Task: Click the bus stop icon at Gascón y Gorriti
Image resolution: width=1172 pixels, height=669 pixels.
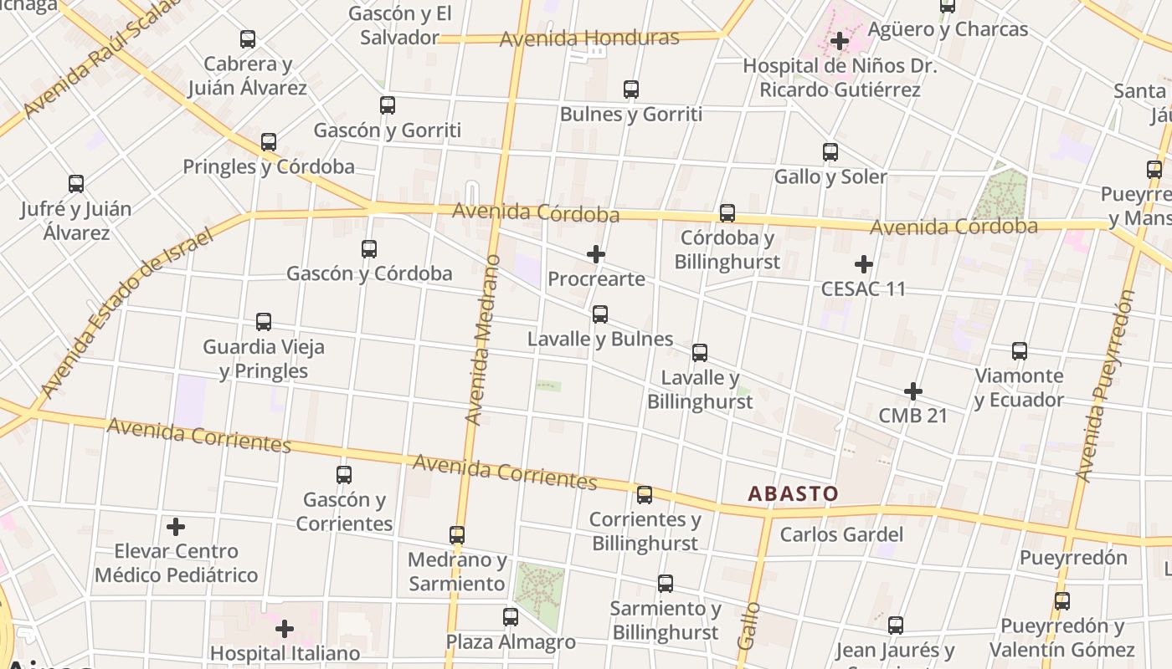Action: (387, 105)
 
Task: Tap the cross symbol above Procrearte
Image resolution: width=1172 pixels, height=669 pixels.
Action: (596, 253)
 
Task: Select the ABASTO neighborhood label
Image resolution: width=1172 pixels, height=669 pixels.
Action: (793, 493)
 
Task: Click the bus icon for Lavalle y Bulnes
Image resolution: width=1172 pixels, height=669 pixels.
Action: (599, 314)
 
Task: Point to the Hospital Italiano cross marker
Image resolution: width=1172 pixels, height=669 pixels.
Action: (285, 628)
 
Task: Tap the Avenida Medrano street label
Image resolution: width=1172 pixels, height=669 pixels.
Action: (483, 340)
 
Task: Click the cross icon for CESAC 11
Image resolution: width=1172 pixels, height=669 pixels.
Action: (863, 264)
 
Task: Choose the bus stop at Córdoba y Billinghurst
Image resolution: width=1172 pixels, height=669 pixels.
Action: (727, 213)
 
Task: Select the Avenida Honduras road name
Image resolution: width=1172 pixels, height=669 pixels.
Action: (589, 38)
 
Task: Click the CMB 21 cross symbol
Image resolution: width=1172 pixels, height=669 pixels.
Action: (912, 391)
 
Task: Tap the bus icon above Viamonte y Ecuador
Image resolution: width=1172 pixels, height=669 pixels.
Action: (1019, 351)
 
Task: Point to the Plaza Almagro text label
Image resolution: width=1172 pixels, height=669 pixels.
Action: (511, 642)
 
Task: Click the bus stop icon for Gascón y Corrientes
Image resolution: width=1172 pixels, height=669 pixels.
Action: (343, 475)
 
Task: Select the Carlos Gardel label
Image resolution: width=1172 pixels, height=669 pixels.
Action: (841, 534)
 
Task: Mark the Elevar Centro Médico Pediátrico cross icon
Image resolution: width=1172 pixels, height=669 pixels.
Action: (176, 527)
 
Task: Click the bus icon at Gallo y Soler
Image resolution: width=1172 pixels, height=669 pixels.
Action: (830, 152)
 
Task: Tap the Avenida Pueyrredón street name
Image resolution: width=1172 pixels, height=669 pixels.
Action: (1106, 386)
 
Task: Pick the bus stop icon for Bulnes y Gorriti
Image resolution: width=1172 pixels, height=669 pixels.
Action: (630, 89)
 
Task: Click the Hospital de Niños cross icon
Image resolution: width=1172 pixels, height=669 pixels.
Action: (839, 40)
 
